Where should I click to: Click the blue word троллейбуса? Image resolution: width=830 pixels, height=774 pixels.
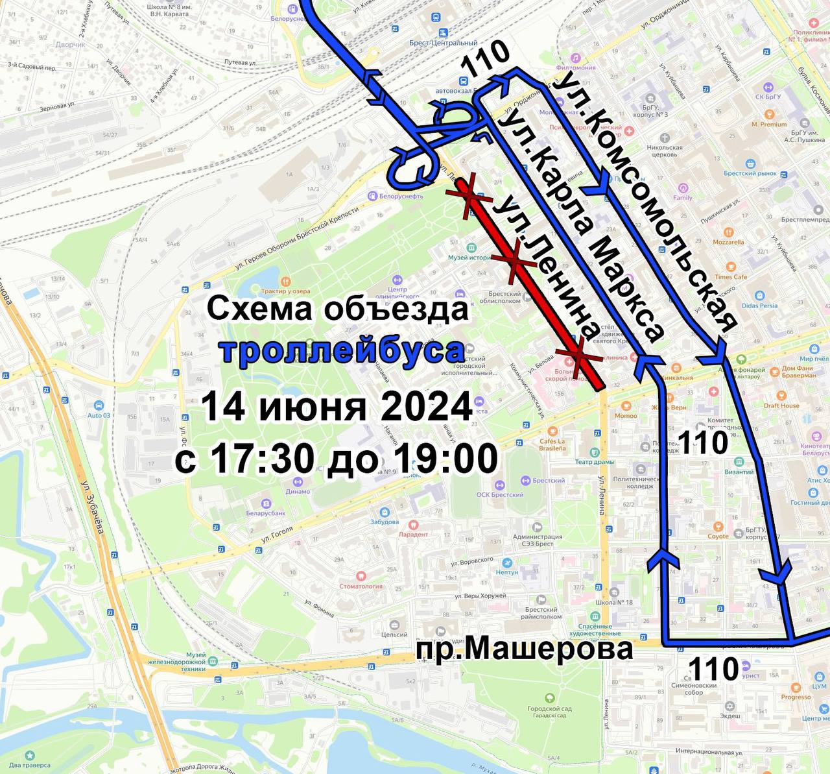pos(343,351)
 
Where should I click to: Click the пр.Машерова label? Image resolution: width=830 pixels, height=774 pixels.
pos(525,648)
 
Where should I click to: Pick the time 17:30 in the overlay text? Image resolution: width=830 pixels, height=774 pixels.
pos(259,459)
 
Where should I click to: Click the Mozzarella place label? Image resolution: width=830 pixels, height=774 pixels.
pos(728,242)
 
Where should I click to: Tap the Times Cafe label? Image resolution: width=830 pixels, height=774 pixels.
pos(731,276)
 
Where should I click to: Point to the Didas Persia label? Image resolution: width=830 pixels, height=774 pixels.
pos(759,306)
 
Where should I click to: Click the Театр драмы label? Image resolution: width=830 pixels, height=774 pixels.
pos(594,462)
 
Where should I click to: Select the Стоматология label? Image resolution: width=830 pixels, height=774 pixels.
pos(361,586)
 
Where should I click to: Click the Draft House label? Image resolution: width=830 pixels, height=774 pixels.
pos(781,405)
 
